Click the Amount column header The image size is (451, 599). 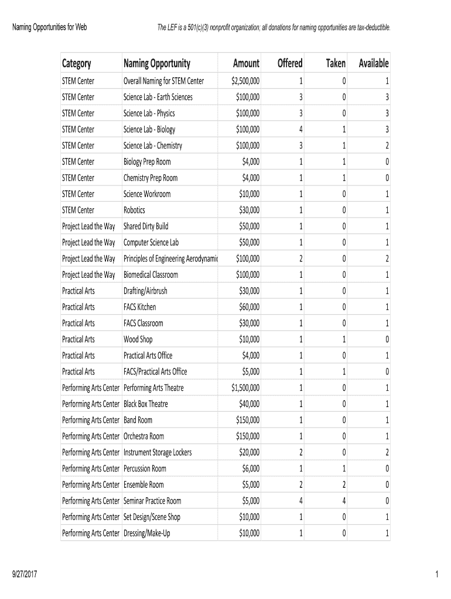pyautogui.click(x=245, y=64)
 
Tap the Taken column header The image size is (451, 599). pyautogui.click(x=335, y=64)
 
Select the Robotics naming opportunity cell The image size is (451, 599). pyautogui.click(x=134, y=210)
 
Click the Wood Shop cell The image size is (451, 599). pyautogui.click(x=138, y=339)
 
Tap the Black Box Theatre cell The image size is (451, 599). pyautogui.click(x=145, y=404)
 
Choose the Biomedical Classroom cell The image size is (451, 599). pyautogui.click(x=151, y=275)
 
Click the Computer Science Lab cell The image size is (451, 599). pyautogui.click(x=151, y=243)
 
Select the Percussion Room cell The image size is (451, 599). pyautogui.click(x=145, y=469)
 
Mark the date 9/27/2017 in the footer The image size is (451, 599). pyautogui.click(x=25, y=575)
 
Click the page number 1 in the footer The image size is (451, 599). pyautogui.click(x=437, y=575)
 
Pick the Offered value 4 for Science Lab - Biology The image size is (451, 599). pyautogui.click(x=300, y=129)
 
